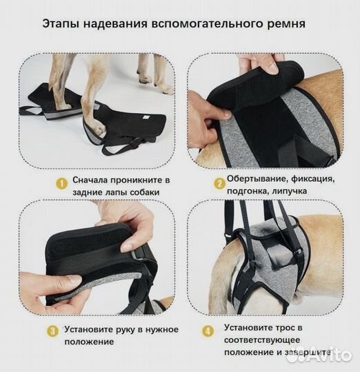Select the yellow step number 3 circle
pos(53,331)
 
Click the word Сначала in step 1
pos(88,180)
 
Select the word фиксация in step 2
pos(309,179)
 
